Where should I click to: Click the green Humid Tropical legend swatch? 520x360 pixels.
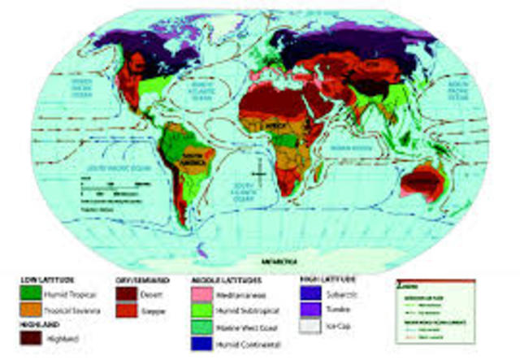[32, 293]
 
